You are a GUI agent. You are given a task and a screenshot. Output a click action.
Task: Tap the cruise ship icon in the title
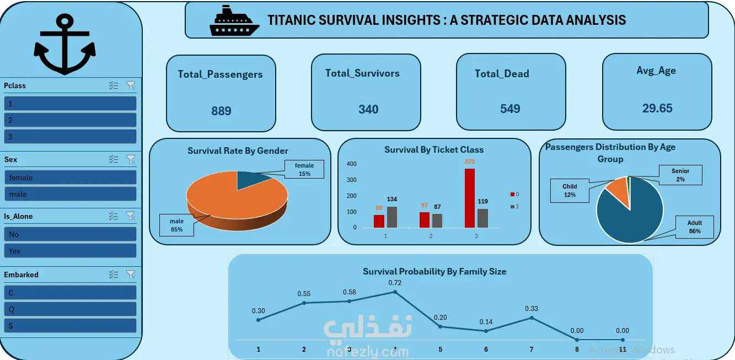(234, 20)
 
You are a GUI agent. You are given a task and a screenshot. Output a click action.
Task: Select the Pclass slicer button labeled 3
(70, 136)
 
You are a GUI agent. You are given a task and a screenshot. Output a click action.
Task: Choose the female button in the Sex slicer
(70, 178)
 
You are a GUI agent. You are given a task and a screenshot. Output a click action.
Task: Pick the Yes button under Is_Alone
(70, 251)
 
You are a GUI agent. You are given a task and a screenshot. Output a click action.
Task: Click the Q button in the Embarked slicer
(70, 309)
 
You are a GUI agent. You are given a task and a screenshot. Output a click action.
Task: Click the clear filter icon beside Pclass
(131, 85)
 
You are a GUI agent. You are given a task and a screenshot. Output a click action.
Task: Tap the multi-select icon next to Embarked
(114, 275)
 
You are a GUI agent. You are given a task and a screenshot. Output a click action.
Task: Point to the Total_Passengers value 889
(221, 111)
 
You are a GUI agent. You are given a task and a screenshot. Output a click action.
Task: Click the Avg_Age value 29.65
(657, 108)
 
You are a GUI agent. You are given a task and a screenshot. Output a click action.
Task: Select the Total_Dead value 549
(510, 109)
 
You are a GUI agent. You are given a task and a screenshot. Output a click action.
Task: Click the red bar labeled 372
(470, 198)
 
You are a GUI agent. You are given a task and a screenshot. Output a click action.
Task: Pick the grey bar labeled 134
(392, 217)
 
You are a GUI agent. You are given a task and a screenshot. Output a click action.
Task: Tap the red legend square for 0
(512, 194)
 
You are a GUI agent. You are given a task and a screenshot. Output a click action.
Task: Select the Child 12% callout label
(570, 191)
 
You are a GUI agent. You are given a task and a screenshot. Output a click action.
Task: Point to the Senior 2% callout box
(680, 175)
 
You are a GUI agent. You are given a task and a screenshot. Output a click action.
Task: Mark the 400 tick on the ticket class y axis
(351, 164)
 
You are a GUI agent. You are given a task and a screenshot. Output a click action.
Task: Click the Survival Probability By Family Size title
(434, 271)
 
